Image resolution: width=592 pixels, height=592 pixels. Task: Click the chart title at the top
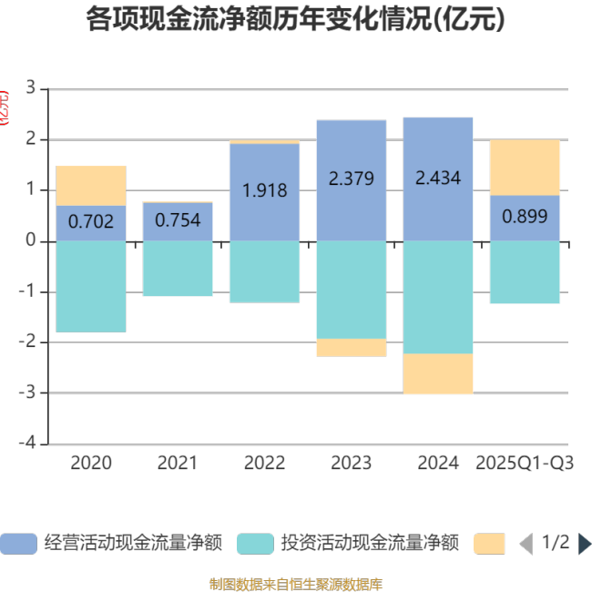pos(295,19)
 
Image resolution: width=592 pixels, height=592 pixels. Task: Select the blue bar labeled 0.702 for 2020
pos(91,223)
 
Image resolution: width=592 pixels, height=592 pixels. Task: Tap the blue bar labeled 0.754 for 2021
pos(178,221)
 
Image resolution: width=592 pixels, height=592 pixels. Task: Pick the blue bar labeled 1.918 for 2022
pos(264,192)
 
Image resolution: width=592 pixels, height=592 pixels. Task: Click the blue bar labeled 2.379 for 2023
pos(352,180)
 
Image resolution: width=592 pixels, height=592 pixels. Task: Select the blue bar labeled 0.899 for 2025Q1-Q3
pos(525,218)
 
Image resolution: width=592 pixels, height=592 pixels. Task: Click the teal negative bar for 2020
pos(91,286)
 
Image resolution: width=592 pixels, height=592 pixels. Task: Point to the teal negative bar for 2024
pos(438,297)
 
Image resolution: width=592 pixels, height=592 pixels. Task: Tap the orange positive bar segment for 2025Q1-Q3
pos(525,168)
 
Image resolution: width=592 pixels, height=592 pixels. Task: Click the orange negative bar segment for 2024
pos(438,373)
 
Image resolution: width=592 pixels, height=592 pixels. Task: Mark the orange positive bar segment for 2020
pos(91,186)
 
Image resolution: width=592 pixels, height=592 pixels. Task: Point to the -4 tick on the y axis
pos(30,444)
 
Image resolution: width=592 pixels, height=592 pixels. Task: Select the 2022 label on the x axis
pos(264,463)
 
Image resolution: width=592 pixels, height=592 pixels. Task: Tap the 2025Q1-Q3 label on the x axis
pos(525,463)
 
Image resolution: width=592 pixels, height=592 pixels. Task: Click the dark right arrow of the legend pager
pos(584,544)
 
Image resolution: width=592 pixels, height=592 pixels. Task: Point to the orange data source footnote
pos(295,583)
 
